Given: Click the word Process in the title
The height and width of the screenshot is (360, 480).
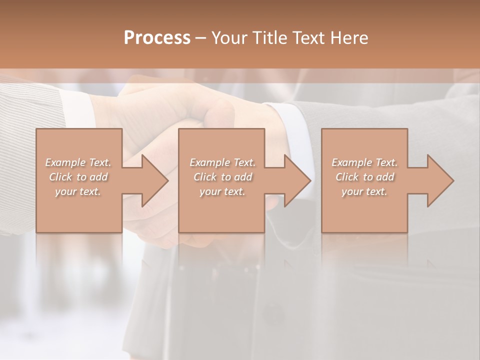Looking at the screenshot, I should pos(157,38).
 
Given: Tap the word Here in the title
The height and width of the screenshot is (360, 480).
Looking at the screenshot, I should pos(349,38).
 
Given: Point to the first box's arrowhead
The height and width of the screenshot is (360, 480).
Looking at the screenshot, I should pos(153,180).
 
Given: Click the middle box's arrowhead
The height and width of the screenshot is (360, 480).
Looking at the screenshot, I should pos(296,180).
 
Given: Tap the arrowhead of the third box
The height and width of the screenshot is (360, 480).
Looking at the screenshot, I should pos(439,180).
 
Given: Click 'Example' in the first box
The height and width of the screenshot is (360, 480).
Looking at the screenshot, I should pos(65,162).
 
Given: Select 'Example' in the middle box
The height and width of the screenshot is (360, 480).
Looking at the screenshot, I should pos(209,162).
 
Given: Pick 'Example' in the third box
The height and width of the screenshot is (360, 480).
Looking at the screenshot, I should pos(351,162).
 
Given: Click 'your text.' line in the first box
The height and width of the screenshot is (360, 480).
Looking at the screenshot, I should pos(78,191).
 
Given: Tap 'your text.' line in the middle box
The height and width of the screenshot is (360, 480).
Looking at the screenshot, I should pos(222,191).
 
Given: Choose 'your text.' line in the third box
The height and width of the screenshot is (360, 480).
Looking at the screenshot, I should pos(364,191).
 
